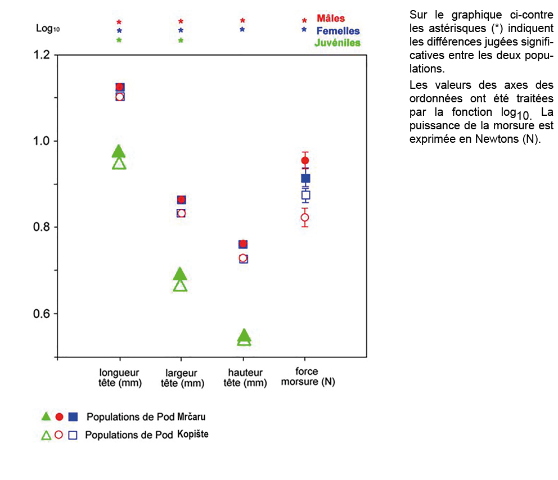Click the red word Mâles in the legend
coord(331,19)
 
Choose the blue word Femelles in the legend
coord(338,31)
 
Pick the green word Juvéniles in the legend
coord(337,43)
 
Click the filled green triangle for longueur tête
coord(119,151)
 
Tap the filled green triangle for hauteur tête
coord(244,336)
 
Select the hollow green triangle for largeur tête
coord(180,285)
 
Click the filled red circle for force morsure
coord(305,161)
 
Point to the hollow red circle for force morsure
coord(305,218)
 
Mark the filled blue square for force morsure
coord(305,178)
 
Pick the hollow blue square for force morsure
coord(305,196)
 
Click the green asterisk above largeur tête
coord(181,40)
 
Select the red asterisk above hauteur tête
coord(242,21)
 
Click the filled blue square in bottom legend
coord(73,416)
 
